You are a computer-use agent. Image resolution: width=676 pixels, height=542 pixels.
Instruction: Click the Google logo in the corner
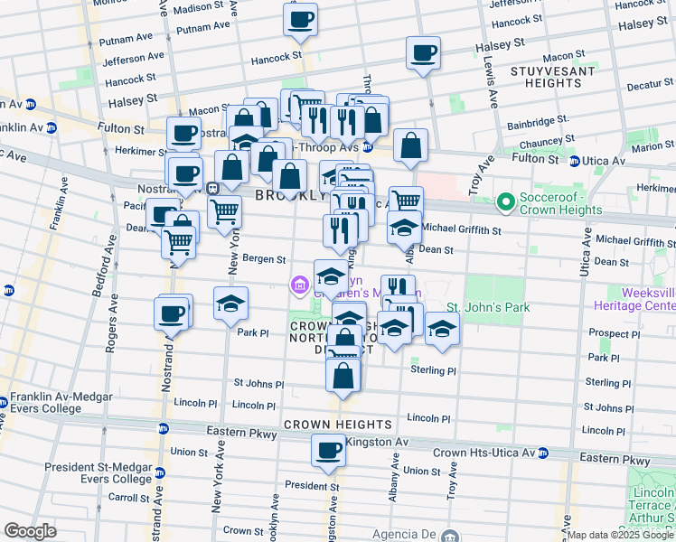click(31, 531)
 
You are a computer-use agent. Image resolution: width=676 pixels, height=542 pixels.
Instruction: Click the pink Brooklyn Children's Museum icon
click(299, 286)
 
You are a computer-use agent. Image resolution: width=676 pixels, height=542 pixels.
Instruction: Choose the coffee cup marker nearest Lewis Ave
click(423, 53)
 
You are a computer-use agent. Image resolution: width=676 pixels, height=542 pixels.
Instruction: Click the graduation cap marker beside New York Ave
click(231, 304)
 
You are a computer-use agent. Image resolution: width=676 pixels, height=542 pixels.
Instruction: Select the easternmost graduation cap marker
click(442, 329)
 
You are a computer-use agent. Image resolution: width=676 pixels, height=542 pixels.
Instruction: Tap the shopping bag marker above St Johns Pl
click(343, 374)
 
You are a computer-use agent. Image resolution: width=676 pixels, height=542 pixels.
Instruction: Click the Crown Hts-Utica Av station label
click(491, 453)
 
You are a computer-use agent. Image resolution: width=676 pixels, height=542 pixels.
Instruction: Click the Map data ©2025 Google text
click(619, 535)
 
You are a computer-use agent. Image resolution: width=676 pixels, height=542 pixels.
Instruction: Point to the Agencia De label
click(398, 534)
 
